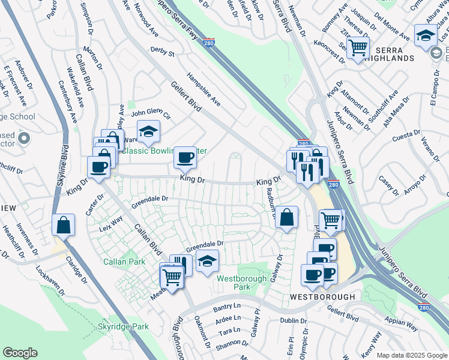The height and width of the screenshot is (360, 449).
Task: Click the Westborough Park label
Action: (233, 283)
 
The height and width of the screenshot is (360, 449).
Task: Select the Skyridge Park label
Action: (123, 327)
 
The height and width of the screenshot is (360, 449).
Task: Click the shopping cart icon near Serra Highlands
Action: (358, 47)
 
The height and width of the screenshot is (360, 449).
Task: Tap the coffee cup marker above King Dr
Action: (185, 158)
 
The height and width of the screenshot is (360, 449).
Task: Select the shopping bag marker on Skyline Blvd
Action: (64, 225)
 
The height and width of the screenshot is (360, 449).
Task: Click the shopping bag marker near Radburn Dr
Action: (288, 217)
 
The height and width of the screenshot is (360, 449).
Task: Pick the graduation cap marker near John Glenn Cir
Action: (148, 130)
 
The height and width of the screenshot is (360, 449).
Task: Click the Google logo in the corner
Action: (20, 353)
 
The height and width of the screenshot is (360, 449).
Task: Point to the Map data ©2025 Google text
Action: (411, 355)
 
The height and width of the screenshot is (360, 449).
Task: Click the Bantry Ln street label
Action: (226, 308)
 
